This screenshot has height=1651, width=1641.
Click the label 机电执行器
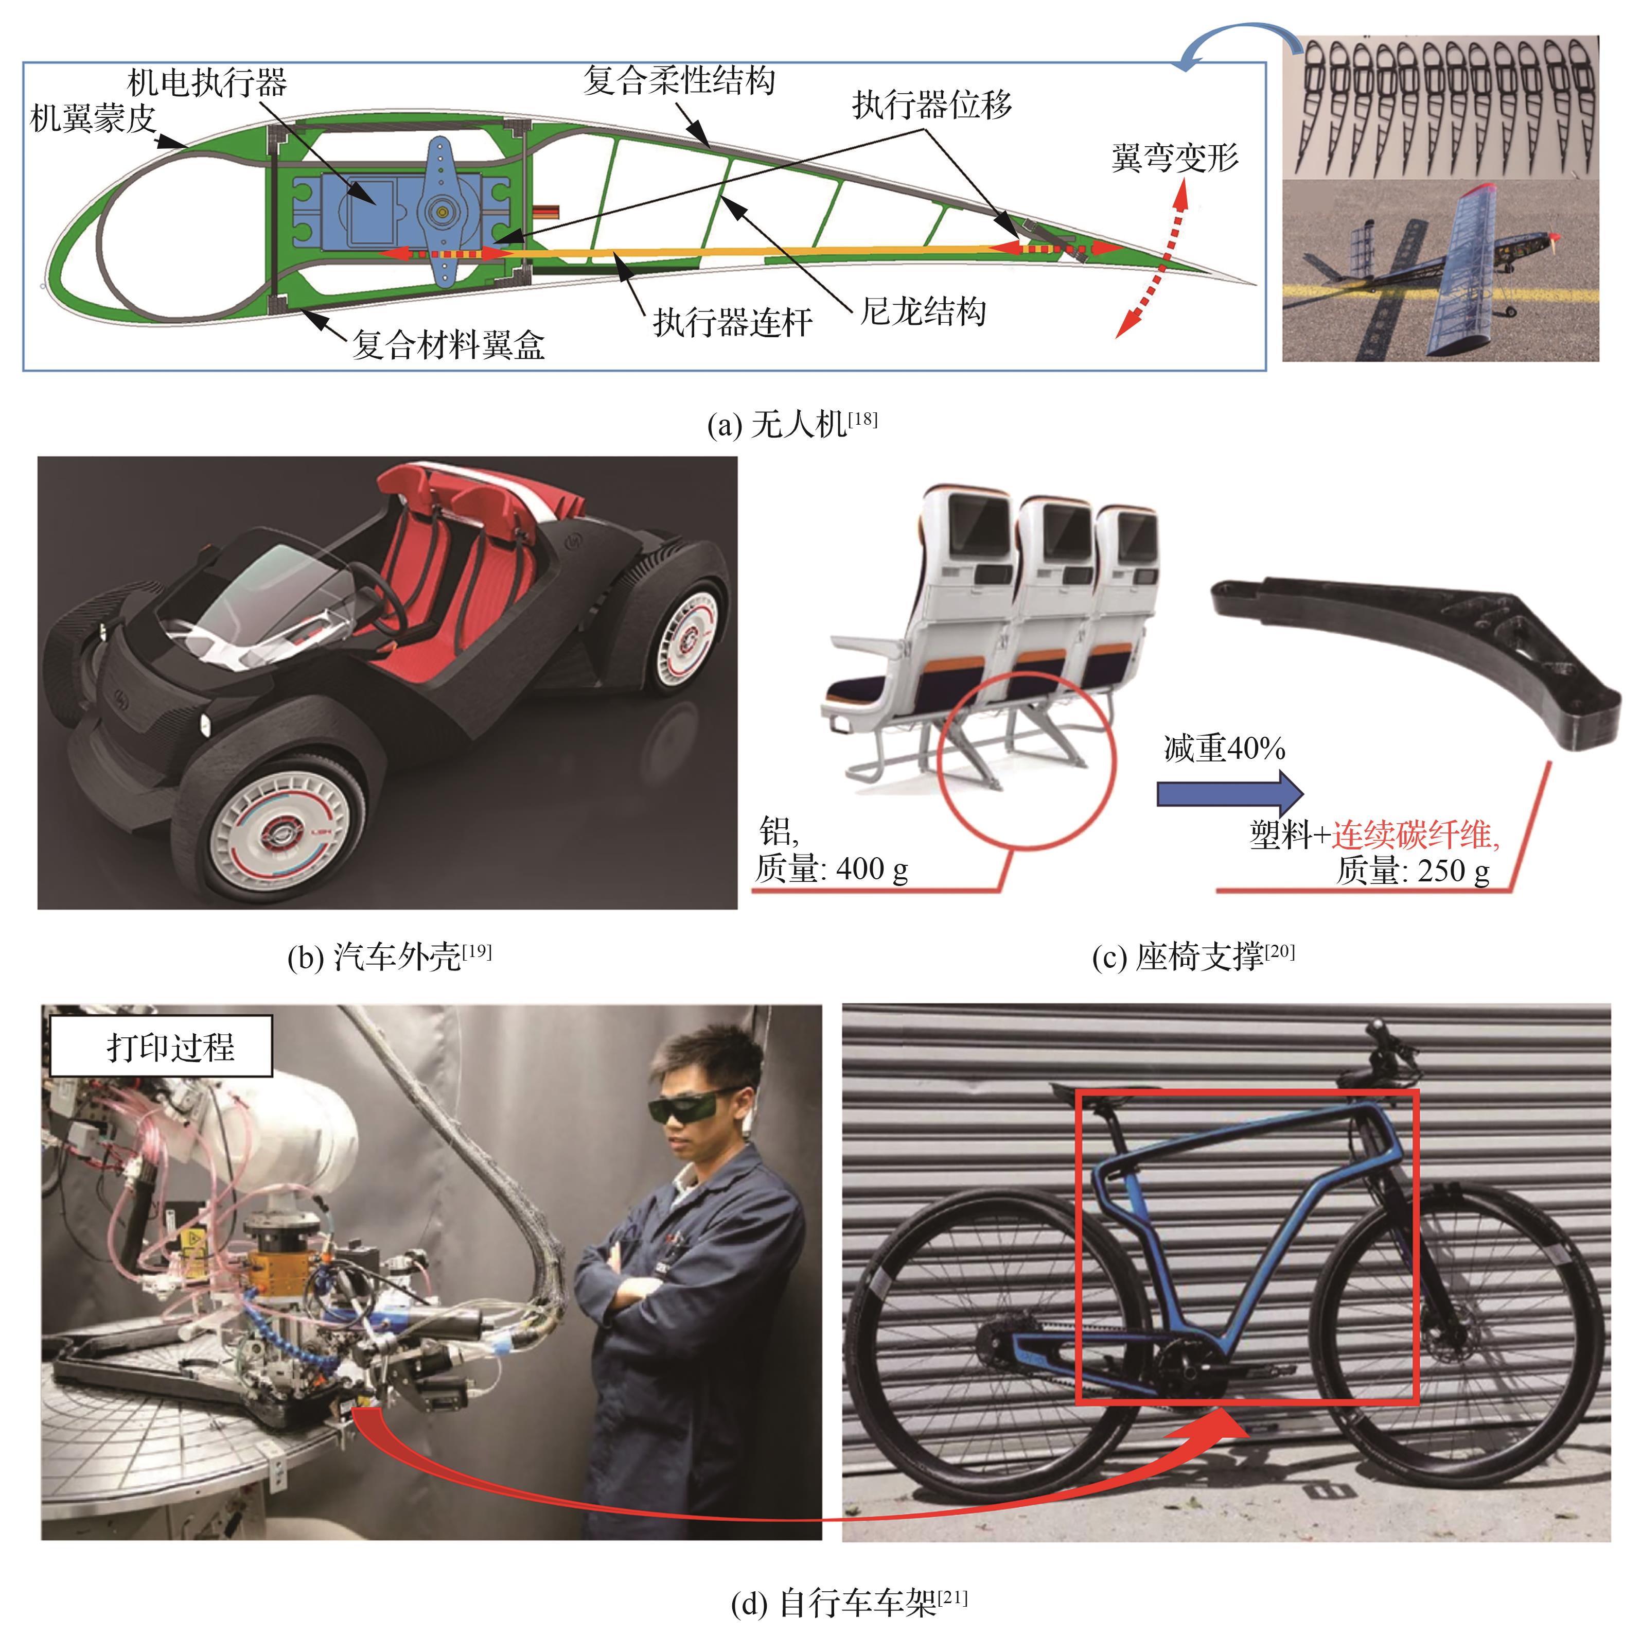coord(207,83)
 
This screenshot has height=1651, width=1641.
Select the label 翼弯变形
coord(1175,157)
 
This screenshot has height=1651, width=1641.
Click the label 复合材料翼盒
coord(449,344)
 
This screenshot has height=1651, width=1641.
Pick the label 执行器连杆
coord(732,322)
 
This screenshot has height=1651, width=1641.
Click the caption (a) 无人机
coord(792,424)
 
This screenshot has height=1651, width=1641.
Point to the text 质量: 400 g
coord(831,869)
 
